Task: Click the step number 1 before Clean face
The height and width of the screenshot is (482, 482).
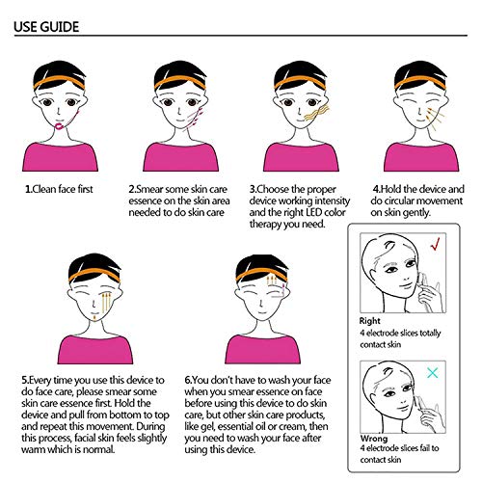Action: [28, 190]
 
